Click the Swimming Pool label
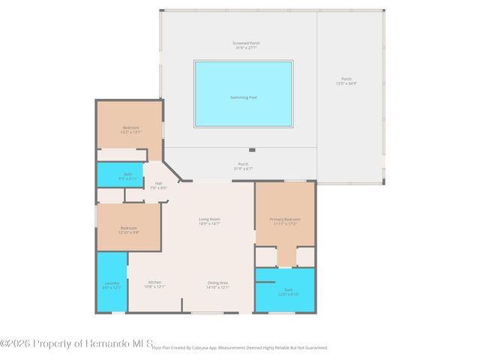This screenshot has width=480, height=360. [x=243, y=97]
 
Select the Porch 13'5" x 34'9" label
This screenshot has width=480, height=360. [x=346, y=81]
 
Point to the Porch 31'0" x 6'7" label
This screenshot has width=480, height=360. [x=243, y=166]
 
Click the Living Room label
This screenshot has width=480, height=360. [x=209, y=221]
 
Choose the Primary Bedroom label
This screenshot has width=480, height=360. [x=284, y=221]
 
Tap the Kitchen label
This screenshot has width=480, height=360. [x=154, y=284]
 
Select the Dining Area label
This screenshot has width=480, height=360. [x=218, y=284]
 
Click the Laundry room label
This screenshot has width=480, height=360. [x=112, y=285]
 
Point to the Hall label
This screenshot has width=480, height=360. [x=158, y=185]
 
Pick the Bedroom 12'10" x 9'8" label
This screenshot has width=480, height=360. [x=129, y=230]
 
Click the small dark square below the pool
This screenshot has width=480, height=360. [x=252, y=150]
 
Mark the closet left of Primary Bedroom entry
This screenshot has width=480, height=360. [x=266, y=256]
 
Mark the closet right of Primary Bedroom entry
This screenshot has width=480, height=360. [x=305, y=256]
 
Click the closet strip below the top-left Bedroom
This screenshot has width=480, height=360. [x=124, y=155]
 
